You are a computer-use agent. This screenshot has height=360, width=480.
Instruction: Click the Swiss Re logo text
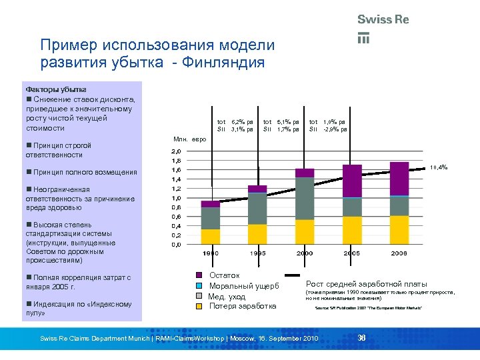(x=383, y=19)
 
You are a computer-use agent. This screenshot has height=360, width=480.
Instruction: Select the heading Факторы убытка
(x=56, y=89)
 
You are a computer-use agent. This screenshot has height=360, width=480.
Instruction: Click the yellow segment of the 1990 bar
(x=210, y=237)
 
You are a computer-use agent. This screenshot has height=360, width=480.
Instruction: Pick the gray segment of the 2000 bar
(x=305, y=199)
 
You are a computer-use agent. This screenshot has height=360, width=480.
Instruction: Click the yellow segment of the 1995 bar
(x=257, y=234)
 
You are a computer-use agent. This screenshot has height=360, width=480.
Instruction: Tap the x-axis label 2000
(x=305, y=254)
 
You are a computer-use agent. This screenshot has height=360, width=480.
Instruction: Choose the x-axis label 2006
(x=399, y=254)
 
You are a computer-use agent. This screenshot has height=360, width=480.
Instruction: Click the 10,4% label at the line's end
(x=439, y=167)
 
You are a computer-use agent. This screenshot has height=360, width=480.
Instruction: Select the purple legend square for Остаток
(x=199, y=275)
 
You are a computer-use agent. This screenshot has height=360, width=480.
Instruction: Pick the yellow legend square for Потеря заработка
(x=199, y=307)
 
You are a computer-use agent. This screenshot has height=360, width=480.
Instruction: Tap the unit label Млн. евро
(x=190, y=139)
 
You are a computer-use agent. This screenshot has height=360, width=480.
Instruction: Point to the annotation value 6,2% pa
(x=242, y=122)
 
